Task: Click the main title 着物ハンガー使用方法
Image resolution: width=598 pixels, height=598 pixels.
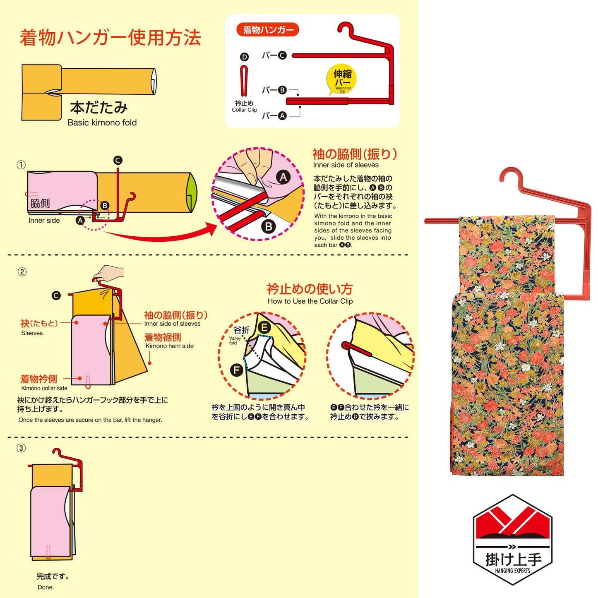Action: [x=110, y=38]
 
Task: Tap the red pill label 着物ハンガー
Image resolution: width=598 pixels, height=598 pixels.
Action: [x=267, y=30]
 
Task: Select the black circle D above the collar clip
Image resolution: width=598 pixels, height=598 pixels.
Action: [x=245, y=57]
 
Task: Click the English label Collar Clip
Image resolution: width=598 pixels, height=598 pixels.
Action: [x=244, y=110]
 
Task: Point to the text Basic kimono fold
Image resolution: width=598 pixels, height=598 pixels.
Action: [x=102, y=122]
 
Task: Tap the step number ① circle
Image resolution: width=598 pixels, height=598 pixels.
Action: [x=21, y=165]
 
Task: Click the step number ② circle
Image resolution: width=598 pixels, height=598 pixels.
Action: [x=22, y=272]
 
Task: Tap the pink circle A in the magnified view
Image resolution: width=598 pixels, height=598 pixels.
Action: [x=283, y=178]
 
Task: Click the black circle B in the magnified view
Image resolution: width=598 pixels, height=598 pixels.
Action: [x=269, y=226]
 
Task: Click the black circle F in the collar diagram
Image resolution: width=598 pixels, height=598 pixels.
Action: [x=236, y=370]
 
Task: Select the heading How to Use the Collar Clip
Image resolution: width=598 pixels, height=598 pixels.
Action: [x=310, y=301]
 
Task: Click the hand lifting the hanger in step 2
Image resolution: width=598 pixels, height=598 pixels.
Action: [x=108, y=273]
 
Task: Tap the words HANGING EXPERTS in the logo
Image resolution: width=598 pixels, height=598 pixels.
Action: [x=512, y=571]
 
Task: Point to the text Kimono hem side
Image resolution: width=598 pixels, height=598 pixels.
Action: [x=169, y=346]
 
